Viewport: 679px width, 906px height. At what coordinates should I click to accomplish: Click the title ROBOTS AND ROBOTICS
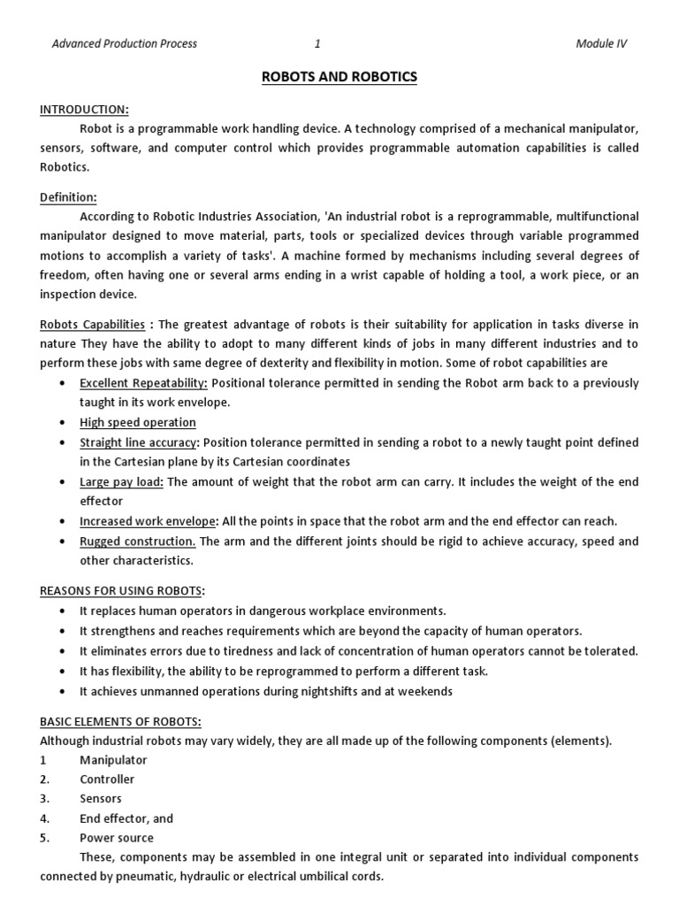tap(339, 77)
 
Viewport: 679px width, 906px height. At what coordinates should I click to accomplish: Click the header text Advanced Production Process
tap(125, 43)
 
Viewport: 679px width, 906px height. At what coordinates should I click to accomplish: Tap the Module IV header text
tap(601, 43)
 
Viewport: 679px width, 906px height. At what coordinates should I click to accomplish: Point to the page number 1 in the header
tap(317, 43)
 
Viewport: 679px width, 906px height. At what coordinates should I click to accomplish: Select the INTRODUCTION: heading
tap(85, 109)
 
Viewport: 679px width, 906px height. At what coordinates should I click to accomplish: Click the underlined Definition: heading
tap(68, 197)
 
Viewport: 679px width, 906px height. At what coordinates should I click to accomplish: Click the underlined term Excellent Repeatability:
tap(144, 382)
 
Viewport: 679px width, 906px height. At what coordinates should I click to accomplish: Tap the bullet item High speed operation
tap(138, 422)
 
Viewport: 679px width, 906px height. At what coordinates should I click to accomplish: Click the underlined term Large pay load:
tap(122, 481)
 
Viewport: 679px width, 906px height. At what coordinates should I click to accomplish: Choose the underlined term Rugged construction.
tap(137, 541)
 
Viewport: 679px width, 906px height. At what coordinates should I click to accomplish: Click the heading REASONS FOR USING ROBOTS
tap(121, 590)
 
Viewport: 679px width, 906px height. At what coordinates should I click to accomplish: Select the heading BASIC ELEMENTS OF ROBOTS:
tap(120, 721)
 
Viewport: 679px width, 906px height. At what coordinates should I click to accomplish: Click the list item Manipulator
tap(113, 760)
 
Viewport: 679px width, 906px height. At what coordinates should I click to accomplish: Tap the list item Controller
tap(107, 779)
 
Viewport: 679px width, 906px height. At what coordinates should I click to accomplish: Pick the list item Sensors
tap(101, 799)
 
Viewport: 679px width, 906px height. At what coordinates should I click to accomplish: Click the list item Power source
tap(116, 838)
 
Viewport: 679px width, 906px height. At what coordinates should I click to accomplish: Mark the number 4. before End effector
tap(45, 818)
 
